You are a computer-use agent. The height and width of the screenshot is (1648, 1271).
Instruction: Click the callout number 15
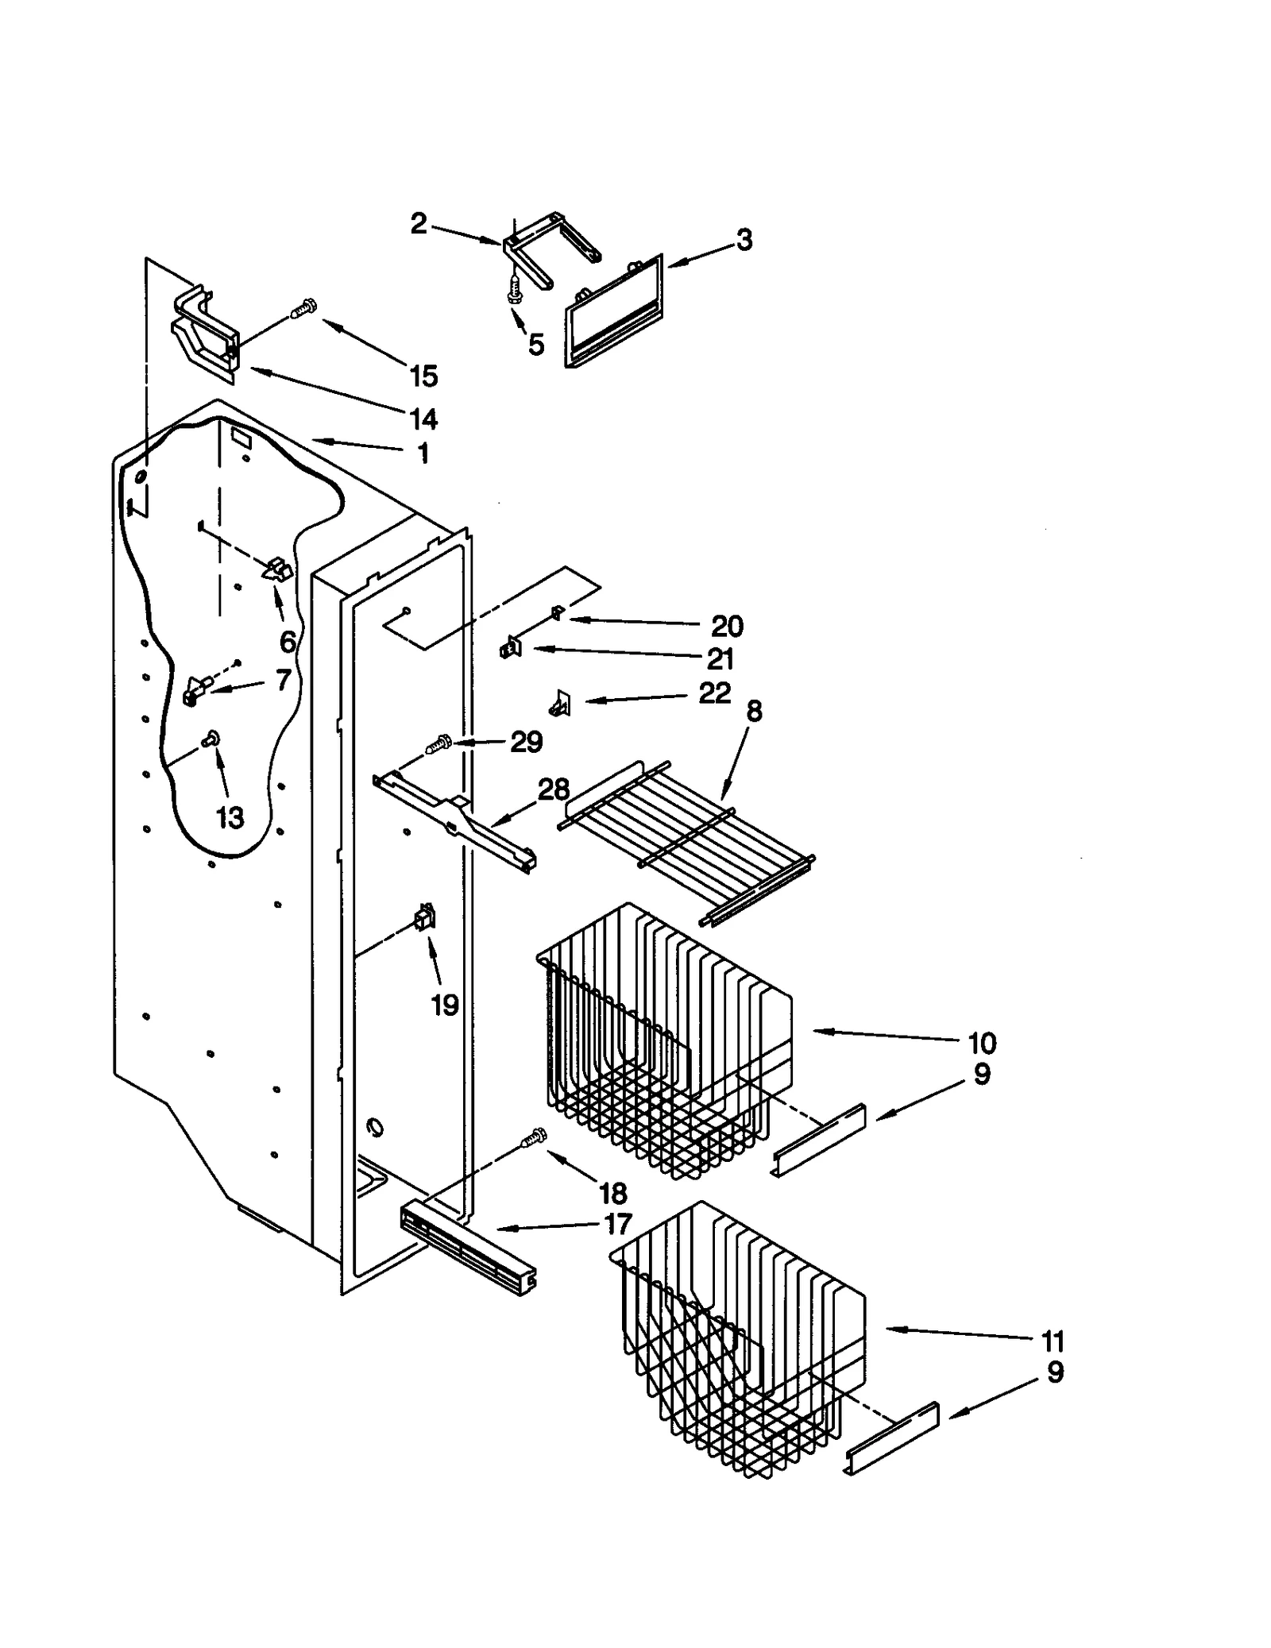pos(424,376)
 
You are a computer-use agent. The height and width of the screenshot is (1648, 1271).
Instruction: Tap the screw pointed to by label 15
pos(303,308)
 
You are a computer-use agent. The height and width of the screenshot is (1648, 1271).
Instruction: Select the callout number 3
pos(744,240)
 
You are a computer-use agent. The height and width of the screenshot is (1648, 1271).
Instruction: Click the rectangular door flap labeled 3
pos(612,315)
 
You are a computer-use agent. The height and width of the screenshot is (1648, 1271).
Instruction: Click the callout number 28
pos(554,789)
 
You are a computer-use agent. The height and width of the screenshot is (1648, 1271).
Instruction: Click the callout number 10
pos(982,1043)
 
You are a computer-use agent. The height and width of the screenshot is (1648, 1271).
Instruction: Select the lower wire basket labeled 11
pos(739,1342)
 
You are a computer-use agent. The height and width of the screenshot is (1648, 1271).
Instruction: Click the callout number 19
pos(445,1005)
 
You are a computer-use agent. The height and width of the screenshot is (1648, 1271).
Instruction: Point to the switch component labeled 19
pos(425,919)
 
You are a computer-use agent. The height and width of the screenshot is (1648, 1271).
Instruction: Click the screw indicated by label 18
pos(533,1138)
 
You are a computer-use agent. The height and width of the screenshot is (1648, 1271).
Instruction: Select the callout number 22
pos(714,693)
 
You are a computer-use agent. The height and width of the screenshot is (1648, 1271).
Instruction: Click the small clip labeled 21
pos(510,650)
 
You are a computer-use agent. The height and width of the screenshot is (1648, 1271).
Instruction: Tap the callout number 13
pos(230,817)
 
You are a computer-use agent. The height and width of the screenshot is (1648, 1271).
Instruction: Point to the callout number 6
pos(288,641)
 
